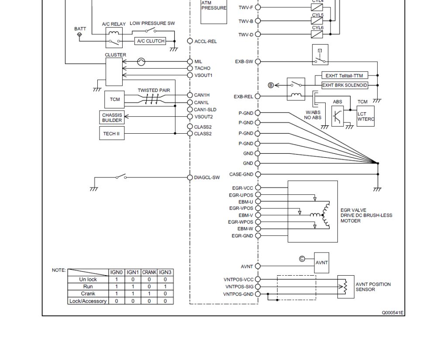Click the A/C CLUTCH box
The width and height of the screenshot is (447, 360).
[x=150, y=41]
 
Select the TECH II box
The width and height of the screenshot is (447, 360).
[x=112, y=134]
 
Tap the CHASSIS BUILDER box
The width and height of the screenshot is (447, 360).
[x=112, y=118]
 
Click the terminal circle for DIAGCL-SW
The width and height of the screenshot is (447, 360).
[x=190, y=177]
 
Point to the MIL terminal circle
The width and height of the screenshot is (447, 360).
[x=190, y=61]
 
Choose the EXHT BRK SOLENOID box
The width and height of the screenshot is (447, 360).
[x=345, y=85]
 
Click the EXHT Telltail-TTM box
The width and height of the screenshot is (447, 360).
[x=345, y=76]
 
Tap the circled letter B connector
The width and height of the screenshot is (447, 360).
[x=271, y=85]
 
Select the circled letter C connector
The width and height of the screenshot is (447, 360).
[x=302, y=259]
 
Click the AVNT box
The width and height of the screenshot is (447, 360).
[x=322, y=263]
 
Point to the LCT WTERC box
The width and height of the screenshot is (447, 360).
[x=365, y=116]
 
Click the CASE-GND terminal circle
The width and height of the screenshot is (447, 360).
[x=258, y=174]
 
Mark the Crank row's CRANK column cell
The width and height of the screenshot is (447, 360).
[x=149, y=294]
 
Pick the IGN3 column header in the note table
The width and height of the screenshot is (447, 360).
[x=165, y=272]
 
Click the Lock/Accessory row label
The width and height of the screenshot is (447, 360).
[x=88, y=301]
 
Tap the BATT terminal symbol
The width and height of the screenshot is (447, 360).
[x=79, y=35]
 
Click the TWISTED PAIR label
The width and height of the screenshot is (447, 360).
[x=154, y=90]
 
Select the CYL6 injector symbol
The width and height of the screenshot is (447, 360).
[x=317, y=34]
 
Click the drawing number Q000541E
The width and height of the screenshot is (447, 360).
[x=393, y=313]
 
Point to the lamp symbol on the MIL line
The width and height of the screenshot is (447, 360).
[x=141, y=62]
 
